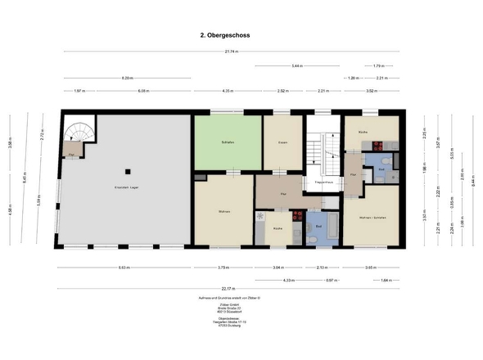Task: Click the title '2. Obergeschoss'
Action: coord(226,36)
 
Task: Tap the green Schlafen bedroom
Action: coord(228,143)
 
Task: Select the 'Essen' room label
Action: coord(282,143)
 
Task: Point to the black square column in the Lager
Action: coord(127,171)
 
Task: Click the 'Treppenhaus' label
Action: coord(322,182)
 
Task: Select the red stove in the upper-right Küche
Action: coord(378,146)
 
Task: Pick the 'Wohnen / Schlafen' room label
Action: coord(372,218)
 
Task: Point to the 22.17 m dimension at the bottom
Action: coord(226,288)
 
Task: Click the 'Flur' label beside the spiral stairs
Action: coord(71,154)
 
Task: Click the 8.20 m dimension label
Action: coord(127,78)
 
